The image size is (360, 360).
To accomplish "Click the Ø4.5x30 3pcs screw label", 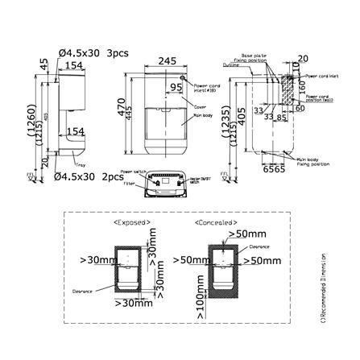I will pos(93,53).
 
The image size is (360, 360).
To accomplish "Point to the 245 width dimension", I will pos(167,61).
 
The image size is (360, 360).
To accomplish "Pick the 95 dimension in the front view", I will pos(176,88).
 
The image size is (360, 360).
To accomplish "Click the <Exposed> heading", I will pos(132,220).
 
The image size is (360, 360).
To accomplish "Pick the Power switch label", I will pos(131,172).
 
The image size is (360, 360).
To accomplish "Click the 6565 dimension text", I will pos(273,170).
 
